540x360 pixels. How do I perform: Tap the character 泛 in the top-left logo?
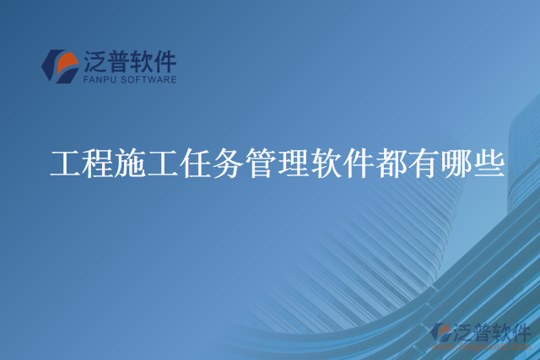click(94, 61)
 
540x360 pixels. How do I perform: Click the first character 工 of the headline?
click(66, 163)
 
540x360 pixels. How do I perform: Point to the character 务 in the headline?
click(229, 163)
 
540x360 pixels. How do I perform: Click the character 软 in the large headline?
click(327, 163)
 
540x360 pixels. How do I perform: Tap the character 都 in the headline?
click(391, 163)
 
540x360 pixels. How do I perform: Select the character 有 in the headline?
click(424, 163)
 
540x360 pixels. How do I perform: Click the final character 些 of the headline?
click(489, 163)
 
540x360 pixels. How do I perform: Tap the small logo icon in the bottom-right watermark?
click(441, 333)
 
